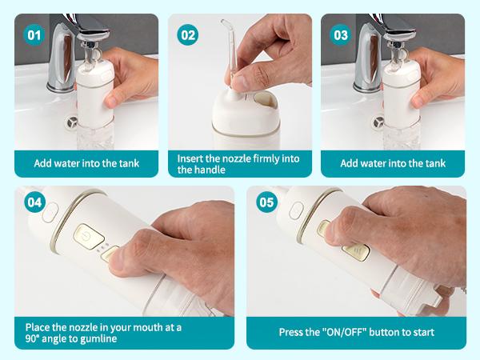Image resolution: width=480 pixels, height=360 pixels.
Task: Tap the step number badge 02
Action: point(188,34)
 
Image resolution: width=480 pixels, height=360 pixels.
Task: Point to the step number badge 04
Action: point(34,202)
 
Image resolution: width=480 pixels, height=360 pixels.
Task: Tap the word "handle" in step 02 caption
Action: point(206,170)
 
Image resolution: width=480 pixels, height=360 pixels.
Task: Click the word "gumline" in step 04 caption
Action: point(102,338)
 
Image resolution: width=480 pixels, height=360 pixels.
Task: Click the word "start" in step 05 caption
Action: point(421,332)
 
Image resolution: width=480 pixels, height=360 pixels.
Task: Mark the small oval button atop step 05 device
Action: point(296,210)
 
